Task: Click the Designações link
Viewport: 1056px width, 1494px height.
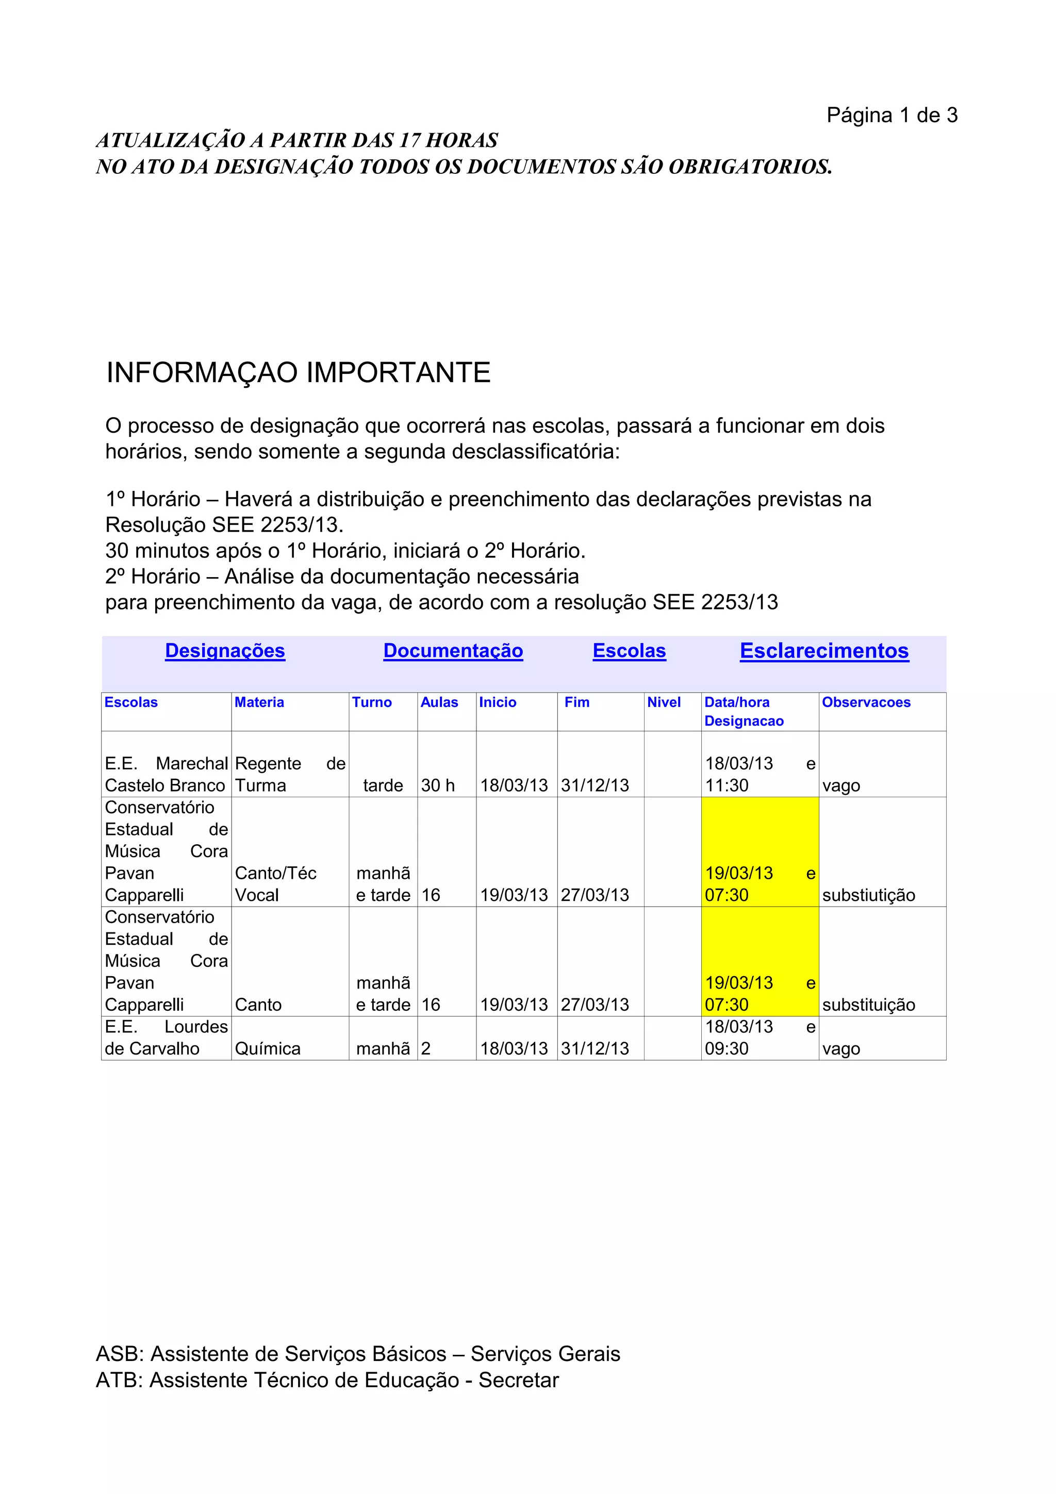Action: coord(225,651)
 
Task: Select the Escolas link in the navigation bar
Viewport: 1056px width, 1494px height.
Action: coord(629,651)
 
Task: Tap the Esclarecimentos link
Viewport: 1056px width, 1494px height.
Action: coord(824,651)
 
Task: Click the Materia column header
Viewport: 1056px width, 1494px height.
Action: coord(259,702)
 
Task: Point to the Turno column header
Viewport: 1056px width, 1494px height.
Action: coord(372,702)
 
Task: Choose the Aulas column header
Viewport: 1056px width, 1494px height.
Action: coord(439,702)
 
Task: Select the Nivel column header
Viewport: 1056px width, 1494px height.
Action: coord(664,702)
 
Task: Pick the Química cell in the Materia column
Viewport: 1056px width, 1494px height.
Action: coord(268,1048)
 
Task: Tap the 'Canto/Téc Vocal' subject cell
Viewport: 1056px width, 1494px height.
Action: coord(275,883)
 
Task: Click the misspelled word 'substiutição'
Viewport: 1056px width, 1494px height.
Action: coord(868,895)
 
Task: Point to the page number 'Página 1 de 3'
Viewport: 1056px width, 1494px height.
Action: coord(892,115)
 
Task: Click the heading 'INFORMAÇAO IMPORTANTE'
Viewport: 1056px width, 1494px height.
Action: coord(298,373)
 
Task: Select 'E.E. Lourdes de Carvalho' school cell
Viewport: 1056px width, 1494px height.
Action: coord(166,1037)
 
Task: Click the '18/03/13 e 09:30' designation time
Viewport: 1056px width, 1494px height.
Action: coord(760,1037)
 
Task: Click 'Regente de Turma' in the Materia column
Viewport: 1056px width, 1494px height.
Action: coord(290,774)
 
